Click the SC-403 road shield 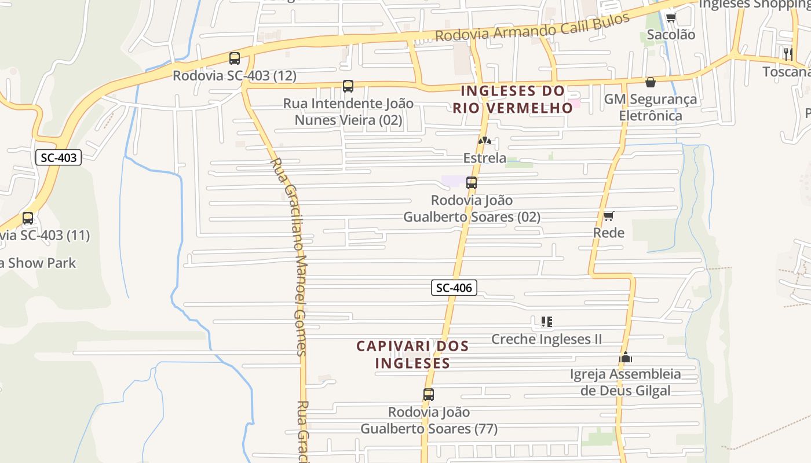coord(59,157)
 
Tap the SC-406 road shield coord(454,287)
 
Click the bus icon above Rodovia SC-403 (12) coord(234,58)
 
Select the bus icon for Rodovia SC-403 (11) coord(27,218)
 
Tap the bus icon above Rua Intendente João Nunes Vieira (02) coord(348,86)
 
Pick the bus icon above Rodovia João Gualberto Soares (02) coord(472,183)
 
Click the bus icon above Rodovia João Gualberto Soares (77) coord(428,395)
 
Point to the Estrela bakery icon coord(484,140)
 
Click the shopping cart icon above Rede coord(608,216)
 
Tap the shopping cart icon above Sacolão coord(671,17)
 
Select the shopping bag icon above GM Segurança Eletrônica coord(650,82)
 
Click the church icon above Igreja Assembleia coord(625,358)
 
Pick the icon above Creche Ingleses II coord(546,321)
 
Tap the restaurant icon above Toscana coord(788,54)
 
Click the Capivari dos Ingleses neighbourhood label coord(412,354)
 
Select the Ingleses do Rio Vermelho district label coord(513,99)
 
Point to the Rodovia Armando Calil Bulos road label coord(532,27)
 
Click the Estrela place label coord(484,158)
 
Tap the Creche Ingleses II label coord(546,339)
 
